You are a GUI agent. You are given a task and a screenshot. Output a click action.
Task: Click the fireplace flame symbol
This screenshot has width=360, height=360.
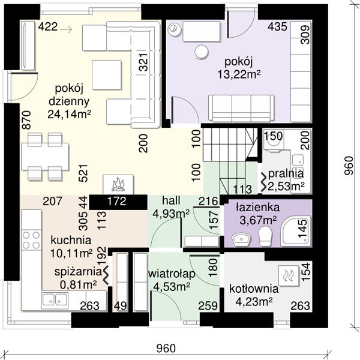[x=118, y=184]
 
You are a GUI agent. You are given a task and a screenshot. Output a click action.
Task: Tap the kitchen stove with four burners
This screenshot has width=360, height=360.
[x=31, y=240]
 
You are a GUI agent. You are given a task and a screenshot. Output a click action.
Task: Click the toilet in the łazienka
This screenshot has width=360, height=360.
[x=265, y=236]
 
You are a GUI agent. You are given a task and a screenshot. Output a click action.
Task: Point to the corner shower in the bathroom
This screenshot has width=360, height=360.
[x=296, y=231]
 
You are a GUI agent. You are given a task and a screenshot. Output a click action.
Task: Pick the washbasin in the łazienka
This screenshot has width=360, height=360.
[x=241, y=239]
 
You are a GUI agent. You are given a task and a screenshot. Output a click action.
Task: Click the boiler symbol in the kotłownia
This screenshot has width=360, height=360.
[x=289, y=276]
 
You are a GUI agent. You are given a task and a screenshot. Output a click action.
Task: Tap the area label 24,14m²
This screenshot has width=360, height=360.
[x=69, y=114]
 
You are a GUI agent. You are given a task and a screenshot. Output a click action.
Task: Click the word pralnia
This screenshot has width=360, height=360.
[x=286, y=174]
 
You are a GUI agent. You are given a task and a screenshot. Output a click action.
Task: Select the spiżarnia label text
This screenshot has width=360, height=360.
[x=78, y=272]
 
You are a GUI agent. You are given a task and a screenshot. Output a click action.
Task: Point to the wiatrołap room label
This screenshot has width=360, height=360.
[x=172, y=274]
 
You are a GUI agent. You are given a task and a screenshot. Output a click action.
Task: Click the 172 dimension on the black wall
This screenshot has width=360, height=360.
[x=117, y=202]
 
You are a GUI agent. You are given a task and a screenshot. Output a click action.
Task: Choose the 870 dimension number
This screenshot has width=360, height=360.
[x=26, y=120]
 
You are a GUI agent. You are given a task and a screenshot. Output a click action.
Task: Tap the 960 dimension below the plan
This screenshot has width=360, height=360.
[x=166, y=348]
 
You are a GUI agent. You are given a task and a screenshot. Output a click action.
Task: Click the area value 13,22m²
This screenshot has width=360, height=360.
[x=239, y=74]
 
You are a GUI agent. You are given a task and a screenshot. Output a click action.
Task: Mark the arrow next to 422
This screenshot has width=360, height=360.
[x=66, y=29]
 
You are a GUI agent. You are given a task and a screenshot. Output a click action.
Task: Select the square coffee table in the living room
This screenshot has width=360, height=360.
[x=107, y=74]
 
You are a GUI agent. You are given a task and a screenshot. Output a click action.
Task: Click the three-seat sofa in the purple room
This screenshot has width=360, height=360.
[x=241, y=108]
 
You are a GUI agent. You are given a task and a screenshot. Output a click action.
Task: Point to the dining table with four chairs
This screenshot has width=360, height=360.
[x=45, y=157]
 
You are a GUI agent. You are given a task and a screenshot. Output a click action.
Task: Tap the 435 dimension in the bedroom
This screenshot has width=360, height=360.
[x=277, y=26]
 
